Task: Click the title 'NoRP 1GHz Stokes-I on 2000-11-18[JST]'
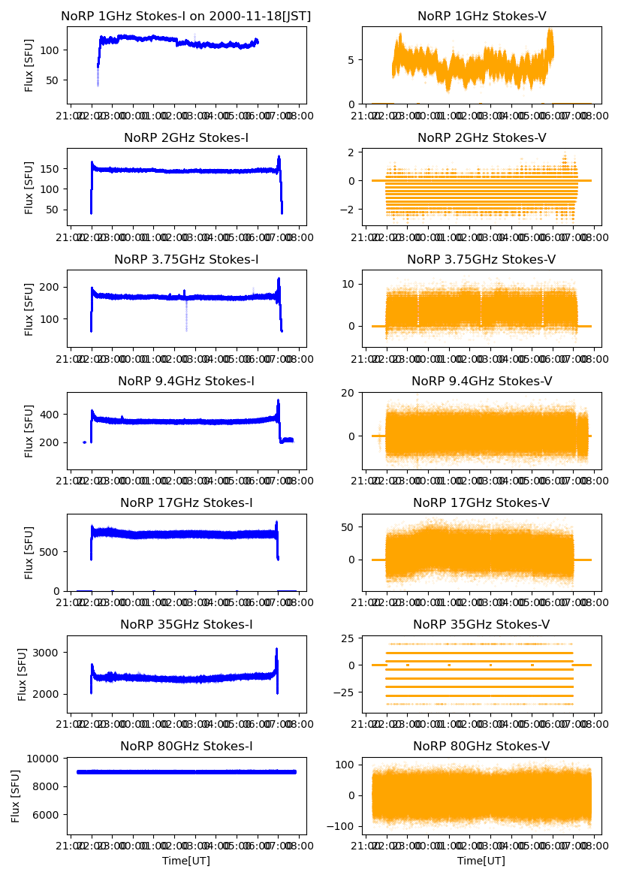tap(185, 16)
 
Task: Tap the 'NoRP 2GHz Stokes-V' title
tap(481, 137)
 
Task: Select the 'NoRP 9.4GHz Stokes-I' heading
tap(185, 381)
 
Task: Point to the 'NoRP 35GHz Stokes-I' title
tap(185, 624)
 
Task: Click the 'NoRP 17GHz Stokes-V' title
tap(481, 502)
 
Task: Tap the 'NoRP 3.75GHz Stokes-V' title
tap(481, 259)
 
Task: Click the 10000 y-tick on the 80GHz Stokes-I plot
tap(46, 759)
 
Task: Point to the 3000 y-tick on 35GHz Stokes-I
tap(49, 653)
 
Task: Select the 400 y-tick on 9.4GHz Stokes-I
tap(52, 415)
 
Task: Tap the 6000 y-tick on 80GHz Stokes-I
tap(49, 815)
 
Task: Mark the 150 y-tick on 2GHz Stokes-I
tap(52, 169)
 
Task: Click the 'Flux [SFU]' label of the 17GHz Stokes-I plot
tap(29, 552)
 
